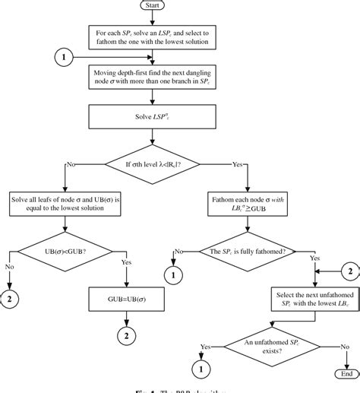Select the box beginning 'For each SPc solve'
(x=156, y=38)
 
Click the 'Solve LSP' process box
(x=156, y=117)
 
